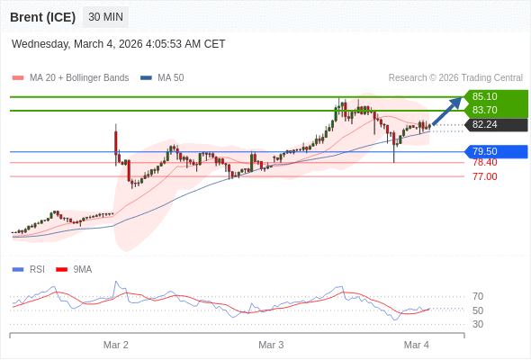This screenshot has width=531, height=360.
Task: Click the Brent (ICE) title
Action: tap(42, 16)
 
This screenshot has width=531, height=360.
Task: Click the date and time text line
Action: tap(119, 43)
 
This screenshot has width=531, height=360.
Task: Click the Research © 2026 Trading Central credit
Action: tap(455, 78)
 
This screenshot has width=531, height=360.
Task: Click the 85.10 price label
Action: tap(485, 96)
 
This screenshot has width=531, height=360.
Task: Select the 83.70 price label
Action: tap(485, 110)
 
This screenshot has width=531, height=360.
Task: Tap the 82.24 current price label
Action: tap(485, 124)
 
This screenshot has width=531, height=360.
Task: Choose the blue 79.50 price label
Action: tap(485, 151)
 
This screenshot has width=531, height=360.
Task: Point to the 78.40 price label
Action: tap(484, 162)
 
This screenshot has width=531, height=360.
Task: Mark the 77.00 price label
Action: tap(484, 176)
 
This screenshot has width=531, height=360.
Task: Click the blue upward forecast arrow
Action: tap(447, 111)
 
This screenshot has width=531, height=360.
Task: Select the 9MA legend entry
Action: tap(82, 269)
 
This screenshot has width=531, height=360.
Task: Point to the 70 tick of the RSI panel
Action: tap(478, 296)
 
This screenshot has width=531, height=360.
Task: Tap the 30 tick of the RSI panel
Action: tap(478, 324)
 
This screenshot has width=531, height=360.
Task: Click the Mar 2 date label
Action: tap(116, 345)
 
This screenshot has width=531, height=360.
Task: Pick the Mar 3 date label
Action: tap(271, 345)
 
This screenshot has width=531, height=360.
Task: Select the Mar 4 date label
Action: tap(417, 345)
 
